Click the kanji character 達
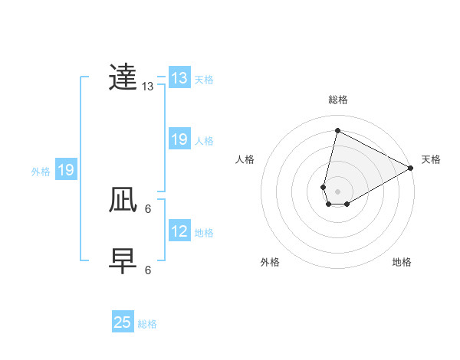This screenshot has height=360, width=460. [x=123, y=78]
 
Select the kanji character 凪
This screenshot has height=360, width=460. [x=123, y=201]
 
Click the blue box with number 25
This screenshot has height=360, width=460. [x=123, y=322]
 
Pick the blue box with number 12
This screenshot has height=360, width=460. [x=179, y=231]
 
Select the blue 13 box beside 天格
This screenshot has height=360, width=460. [x=179, y=78]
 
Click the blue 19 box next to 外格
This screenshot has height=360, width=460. [x=66, y=170]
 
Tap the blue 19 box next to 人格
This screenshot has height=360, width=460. [x=179, y=139]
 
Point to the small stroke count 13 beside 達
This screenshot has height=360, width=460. [x=148, y=87]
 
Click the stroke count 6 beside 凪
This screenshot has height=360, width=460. [x=148, y=208]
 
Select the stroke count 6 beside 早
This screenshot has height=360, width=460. [x=148, y=270]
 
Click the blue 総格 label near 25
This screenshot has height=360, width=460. [x=147, y=324]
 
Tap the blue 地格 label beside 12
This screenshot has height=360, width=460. [x=204, y=232]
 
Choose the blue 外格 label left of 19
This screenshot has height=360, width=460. [x=41, y=172]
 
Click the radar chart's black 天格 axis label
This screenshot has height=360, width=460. [x=431, y=159]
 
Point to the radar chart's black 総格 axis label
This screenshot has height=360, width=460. [x=338, y=100]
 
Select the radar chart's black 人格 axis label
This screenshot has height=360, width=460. [x=245, y=159]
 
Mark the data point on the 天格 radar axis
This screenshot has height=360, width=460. [x=411, y=168]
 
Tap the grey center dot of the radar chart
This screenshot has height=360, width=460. [x=337, y=191]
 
